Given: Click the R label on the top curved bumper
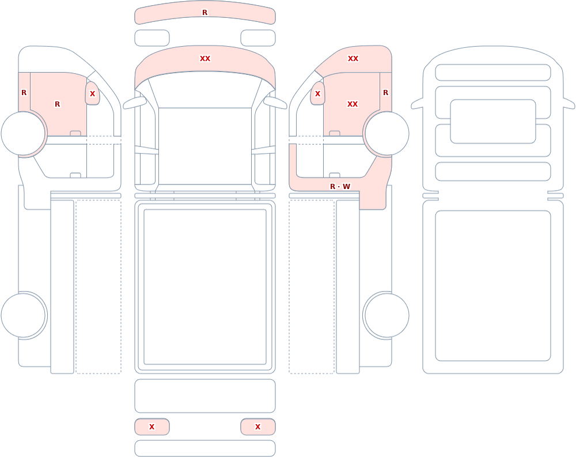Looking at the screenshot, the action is coord(204,13).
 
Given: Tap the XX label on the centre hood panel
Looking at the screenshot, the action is coord(205,58).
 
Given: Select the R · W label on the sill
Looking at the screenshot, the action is coord(340,186).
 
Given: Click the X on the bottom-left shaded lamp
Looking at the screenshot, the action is coord(151,426).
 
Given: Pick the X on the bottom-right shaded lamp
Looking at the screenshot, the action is coord(257,426).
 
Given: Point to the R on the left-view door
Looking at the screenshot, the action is coord(57,104).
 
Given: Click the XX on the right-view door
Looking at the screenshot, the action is coord(353,104).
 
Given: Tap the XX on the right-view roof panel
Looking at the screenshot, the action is coord(353,58).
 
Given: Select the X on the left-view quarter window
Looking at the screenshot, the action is coord(93,94).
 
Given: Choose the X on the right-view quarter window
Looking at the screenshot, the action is coord(318,94).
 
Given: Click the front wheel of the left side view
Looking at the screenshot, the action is coord(23,134).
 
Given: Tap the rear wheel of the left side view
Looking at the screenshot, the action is coord(23,315).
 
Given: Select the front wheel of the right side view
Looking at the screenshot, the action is coord(386,134).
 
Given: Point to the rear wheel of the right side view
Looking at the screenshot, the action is coord(386,315).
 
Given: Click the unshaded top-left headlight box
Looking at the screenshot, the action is coord(152,38).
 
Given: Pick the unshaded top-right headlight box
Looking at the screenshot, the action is coord(258,38).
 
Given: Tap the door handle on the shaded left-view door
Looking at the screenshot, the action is coord(75,133).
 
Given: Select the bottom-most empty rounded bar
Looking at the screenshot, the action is coord(205,448).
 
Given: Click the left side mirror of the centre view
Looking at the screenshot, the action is coord(134,103).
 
